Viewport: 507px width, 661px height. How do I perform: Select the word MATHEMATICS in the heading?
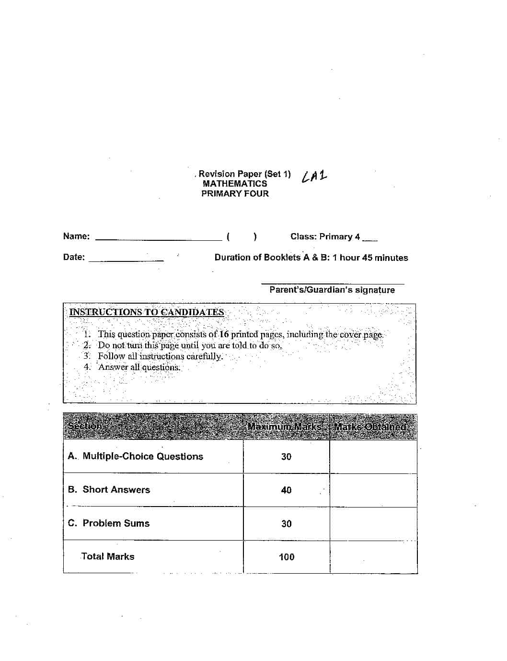(235, 184)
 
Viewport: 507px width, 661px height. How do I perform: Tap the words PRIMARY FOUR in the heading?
(235, 194)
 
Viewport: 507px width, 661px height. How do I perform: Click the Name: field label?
(76, 236)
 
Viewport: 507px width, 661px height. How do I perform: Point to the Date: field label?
(74, 257)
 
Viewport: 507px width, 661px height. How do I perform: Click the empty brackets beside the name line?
(242, 236)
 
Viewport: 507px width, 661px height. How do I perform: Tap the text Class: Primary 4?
(325, 236)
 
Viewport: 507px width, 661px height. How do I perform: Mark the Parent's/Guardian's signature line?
(332, 284)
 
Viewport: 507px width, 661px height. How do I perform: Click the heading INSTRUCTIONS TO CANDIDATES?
(147, 312)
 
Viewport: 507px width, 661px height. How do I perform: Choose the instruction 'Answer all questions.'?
(139, 367)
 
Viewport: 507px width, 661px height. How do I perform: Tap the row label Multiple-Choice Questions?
(142, 456)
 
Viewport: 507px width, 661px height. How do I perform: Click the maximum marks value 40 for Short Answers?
(286, 490)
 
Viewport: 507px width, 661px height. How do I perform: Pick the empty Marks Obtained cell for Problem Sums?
(373, 524)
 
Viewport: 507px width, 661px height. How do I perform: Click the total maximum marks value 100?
(287, 557)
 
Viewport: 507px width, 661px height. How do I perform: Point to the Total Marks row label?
(108, 556)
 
